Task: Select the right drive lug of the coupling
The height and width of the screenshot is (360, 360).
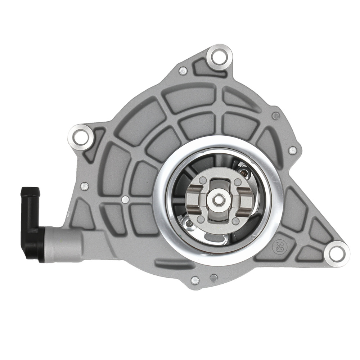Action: point(245,198)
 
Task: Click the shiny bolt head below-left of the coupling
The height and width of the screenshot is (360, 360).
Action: point(189,225)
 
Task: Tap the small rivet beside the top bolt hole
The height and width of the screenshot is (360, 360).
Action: point(183,71)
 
